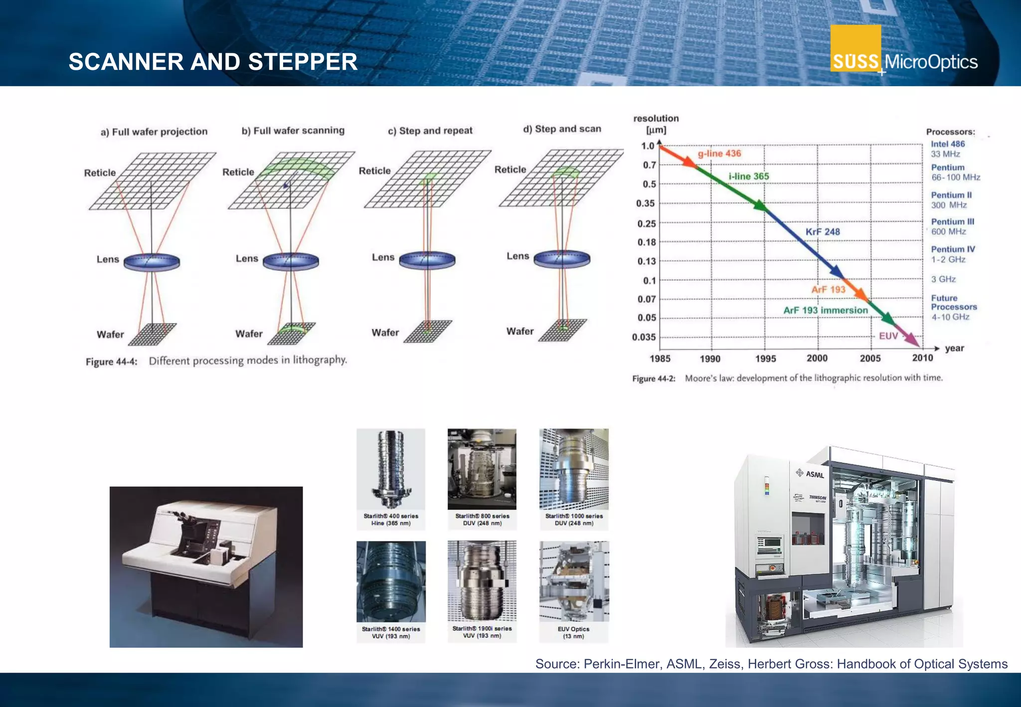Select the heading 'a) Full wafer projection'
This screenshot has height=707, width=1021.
click(x=154, y=132)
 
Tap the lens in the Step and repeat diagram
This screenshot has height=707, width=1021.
click(x=427, y=260)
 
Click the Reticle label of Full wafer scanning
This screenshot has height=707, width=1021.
click(x=238, y=172)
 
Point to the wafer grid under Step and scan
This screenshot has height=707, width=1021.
click(x=563, y=330)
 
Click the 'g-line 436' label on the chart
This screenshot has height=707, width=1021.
click(x=719, y=154)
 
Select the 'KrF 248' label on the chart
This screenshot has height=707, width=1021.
click(x=823, y=232)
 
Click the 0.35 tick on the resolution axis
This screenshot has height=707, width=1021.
click(x=646, y=203)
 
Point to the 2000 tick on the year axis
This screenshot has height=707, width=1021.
click(x=817, y=358)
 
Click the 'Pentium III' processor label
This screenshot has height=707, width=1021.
click(x=952, y=222)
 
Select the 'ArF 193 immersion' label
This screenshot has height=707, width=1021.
click(x=826, y=311)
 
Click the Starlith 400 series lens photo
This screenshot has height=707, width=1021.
click(x=391, y=469)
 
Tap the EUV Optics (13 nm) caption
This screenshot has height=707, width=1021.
click(x=573, y=633)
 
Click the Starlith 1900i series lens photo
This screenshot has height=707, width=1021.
click(x=482, y=581)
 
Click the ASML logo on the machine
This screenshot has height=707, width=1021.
click(x=811, y=474)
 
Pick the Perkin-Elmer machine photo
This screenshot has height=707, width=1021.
click(x=206, y=567)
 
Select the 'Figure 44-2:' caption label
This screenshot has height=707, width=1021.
click(x=654, y=379)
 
